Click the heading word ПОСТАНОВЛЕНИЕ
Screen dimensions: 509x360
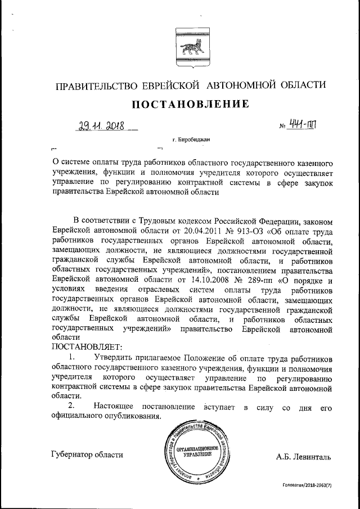point(190,103)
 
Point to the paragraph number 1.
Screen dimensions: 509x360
point(71,357)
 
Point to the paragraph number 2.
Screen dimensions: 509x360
point(71,406)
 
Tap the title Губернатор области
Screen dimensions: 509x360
point(87,455)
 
